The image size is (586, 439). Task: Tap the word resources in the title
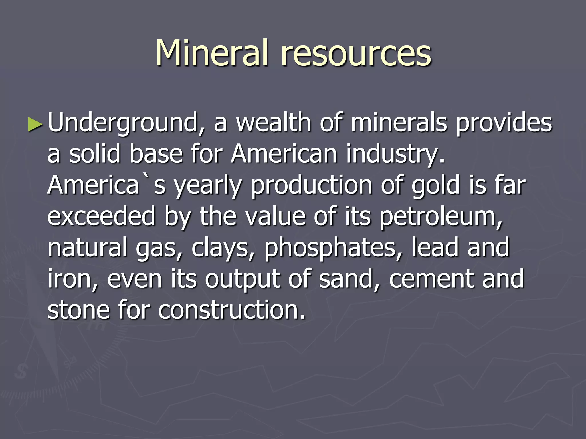click(x=356, y=54)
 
